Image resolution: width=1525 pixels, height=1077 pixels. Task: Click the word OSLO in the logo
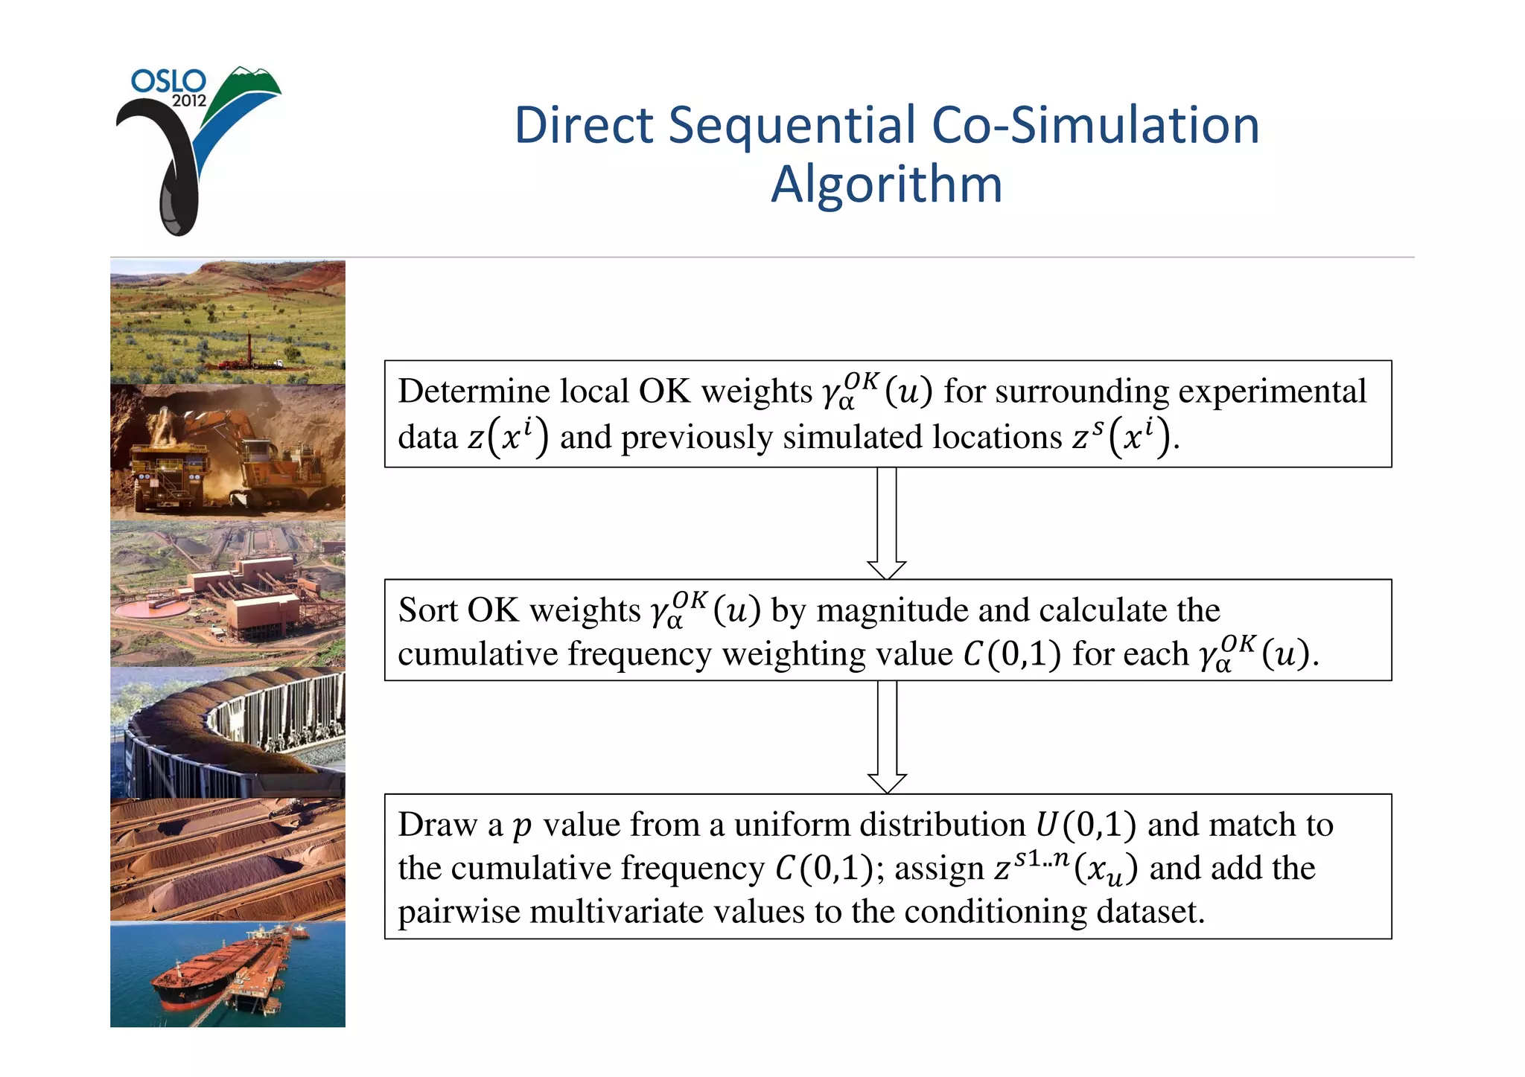tap(168, 81)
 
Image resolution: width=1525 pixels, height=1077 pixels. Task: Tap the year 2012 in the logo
tap(189, 100)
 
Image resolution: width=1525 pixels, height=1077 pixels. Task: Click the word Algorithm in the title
tap(886, 184)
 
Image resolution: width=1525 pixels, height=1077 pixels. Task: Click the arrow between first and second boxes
tap(886, 524)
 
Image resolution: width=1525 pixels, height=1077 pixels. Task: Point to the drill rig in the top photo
tap(249, 350)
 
